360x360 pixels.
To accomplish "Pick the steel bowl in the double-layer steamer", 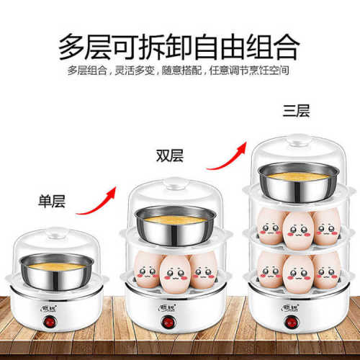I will pos(171,222).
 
